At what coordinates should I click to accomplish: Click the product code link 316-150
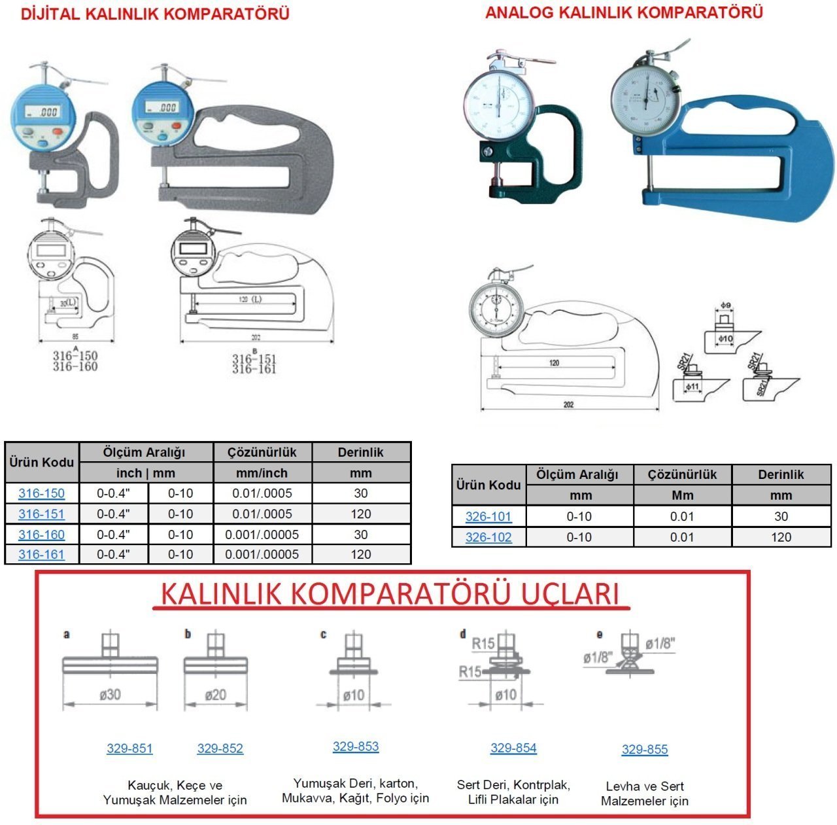[41, 493]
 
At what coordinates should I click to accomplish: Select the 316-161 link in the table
[41, 554]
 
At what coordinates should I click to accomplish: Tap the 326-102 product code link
[488, 537]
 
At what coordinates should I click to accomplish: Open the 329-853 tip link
[356, 746]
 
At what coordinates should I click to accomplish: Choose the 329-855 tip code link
[645, 750]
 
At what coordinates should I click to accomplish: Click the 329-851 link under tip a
[129, 748]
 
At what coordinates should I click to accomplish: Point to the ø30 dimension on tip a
[110, 695]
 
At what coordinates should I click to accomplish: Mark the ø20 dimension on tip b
[216, 695]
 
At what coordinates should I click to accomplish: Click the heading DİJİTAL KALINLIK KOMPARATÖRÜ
[155, 14]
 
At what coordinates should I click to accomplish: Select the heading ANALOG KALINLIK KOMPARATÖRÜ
[624, 12]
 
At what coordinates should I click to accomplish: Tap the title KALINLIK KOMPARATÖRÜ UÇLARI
[390, 594]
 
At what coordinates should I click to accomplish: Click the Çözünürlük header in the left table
[262, 452]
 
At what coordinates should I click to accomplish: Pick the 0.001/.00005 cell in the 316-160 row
[262, 535]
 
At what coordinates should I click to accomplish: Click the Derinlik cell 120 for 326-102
[781, 537]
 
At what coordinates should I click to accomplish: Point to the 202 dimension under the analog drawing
[568, 405]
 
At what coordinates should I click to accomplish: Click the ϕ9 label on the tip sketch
[726, 306]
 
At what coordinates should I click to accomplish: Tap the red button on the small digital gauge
[58, 132]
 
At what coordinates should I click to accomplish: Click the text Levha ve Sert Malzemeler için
[645, 794]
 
